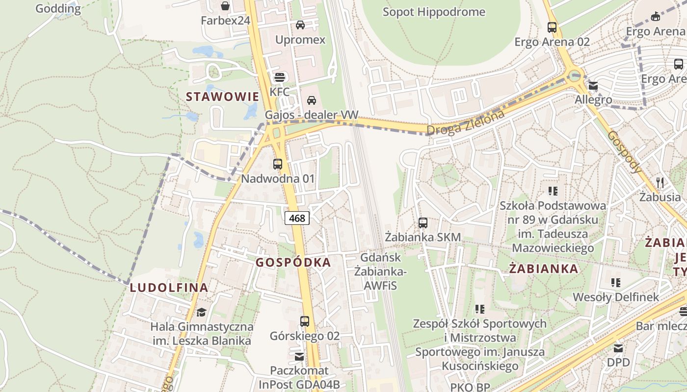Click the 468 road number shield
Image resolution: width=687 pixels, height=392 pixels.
pos(297,218)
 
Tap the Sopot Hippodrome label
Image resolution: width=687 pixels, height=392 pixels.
pos(434,12)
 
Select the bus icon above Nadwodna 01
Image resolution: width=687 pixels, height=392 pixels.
pos(278,164)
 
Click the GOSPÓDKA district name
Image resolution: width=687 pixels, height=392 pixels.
pos(293,263)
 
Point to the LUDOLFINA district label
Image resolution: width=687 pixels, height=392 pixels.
pos(169,288)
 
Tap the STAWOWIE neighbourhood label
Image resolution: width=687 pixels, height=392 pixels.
pos(222,97)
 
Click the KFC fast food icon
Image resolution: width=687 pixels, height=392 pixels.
pos(280,77)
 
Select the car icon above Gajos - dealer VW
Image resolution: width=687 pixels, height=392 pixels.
pos(311,100)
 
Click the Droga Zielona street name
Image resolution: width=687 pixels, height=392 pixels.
pos(465,123)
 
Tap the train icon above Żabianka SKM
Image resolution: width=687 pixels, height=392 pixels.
pos(423,223)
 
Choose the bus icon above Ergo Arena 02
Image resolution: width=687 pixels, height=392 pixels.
pos(552,27)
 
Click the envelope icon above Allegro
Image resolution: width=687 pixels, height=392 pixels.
pos(593,86)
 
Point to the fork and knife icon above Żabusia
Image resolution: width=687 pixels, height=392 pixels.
pos(660,183)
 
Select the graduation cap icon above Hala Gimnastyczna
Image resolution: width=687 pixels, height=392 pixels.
pos(201,312)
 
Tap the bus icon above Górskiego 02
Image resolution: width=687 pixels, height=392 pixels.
pos(305,321)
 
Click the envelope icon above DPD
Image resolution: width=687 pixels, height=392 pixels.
pos(618,348)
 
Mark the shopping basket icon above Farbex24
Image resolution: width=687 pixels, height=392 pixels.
pos(225,6)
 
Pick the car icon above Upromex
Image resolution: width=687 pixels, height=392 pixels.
pos(300,25)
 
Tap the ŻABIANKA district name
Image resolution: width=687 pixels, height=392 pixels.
pos(543,269)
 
